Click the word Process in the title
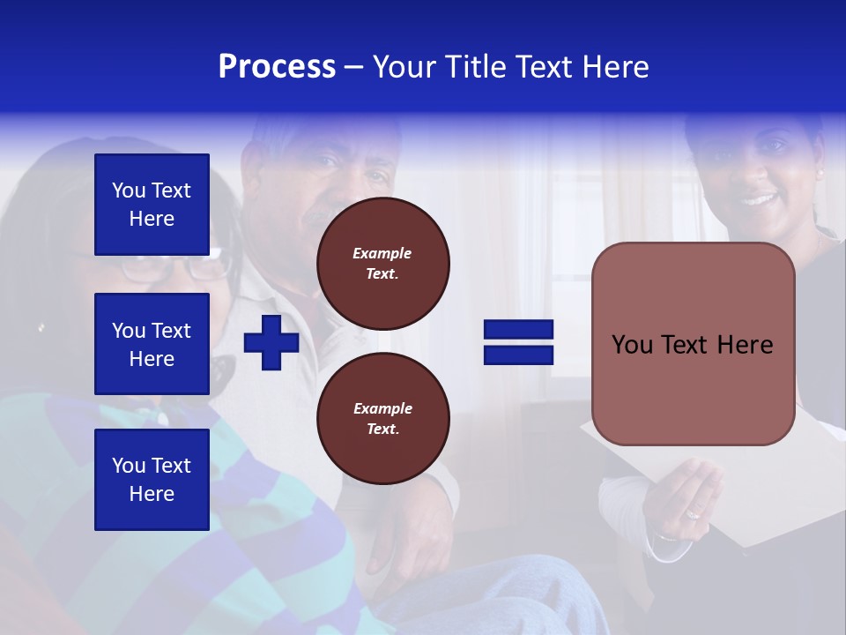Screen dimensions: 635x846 click(x=277, y=67)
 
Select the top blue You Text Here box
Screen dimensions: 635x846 click(x=152, y=205)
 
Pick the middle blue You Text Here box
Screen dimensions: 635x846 click(x=152, y=344)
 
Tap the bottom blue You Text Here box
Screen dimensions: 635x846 click(x=152, y=479)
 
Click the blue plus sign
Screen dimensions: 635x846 click(x=271, y=342)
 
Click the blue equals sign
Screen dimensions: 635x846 click(x=518, y=342)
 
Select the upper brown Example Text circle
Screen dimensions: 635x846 click(x=383, y=264)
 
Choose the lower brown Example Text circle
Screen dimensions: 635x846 click(x=383, y=419)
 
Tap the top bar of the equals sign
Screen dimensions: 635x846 click(x=518, y=330)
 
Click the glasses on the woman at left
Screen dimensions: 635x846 click(x=176, y=265)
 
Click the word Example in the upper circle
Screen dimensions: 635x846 click(x=382, y=253)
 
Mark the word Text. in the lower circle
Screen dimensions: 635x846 click(x=382, y=430)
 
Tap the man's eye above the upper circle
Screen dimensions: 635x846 click(x=328, y=161)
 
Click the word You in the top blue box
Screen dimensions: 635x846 click(x=129, y=190)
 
